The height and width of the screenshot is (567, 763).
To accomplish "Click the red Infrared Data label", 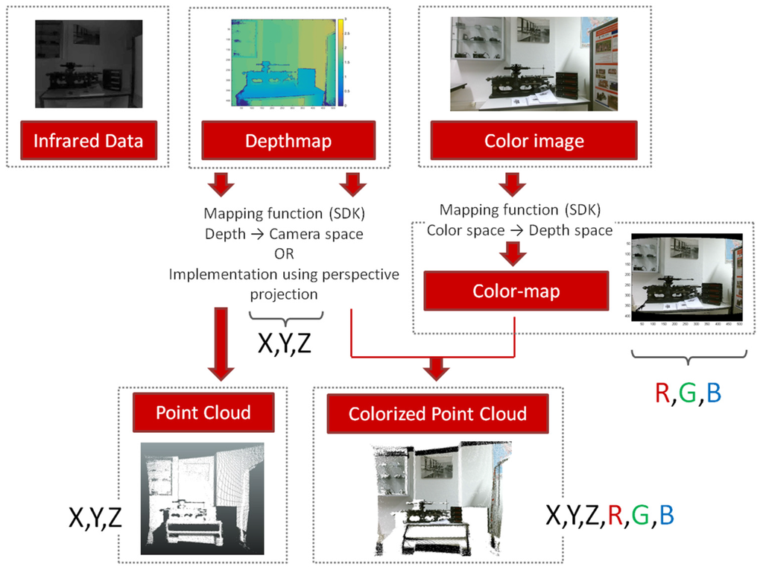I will click(88, 141).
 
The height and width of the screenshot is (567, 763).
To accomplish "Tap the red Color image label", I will click(534, 141).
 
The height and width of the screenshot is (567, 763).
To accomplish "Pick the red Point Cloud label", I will click(203, 413).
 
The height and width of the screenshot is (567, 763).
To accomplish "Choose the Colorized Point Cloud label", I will click(437, 414).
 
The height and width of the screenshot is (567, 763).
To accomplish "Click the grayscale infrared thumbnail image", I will click(88, 63).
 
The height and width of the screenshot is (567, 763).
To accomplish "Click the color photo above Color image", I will click(534, 64).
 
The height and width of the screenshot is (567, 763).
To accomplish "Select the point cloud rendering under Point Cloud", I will click(203, 498).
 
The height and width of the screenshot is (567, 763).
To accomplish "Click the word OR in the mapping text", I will click(284, 253).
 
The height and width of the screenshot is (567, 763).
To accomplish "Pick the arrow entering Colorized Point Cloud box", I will click(437, 367).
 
